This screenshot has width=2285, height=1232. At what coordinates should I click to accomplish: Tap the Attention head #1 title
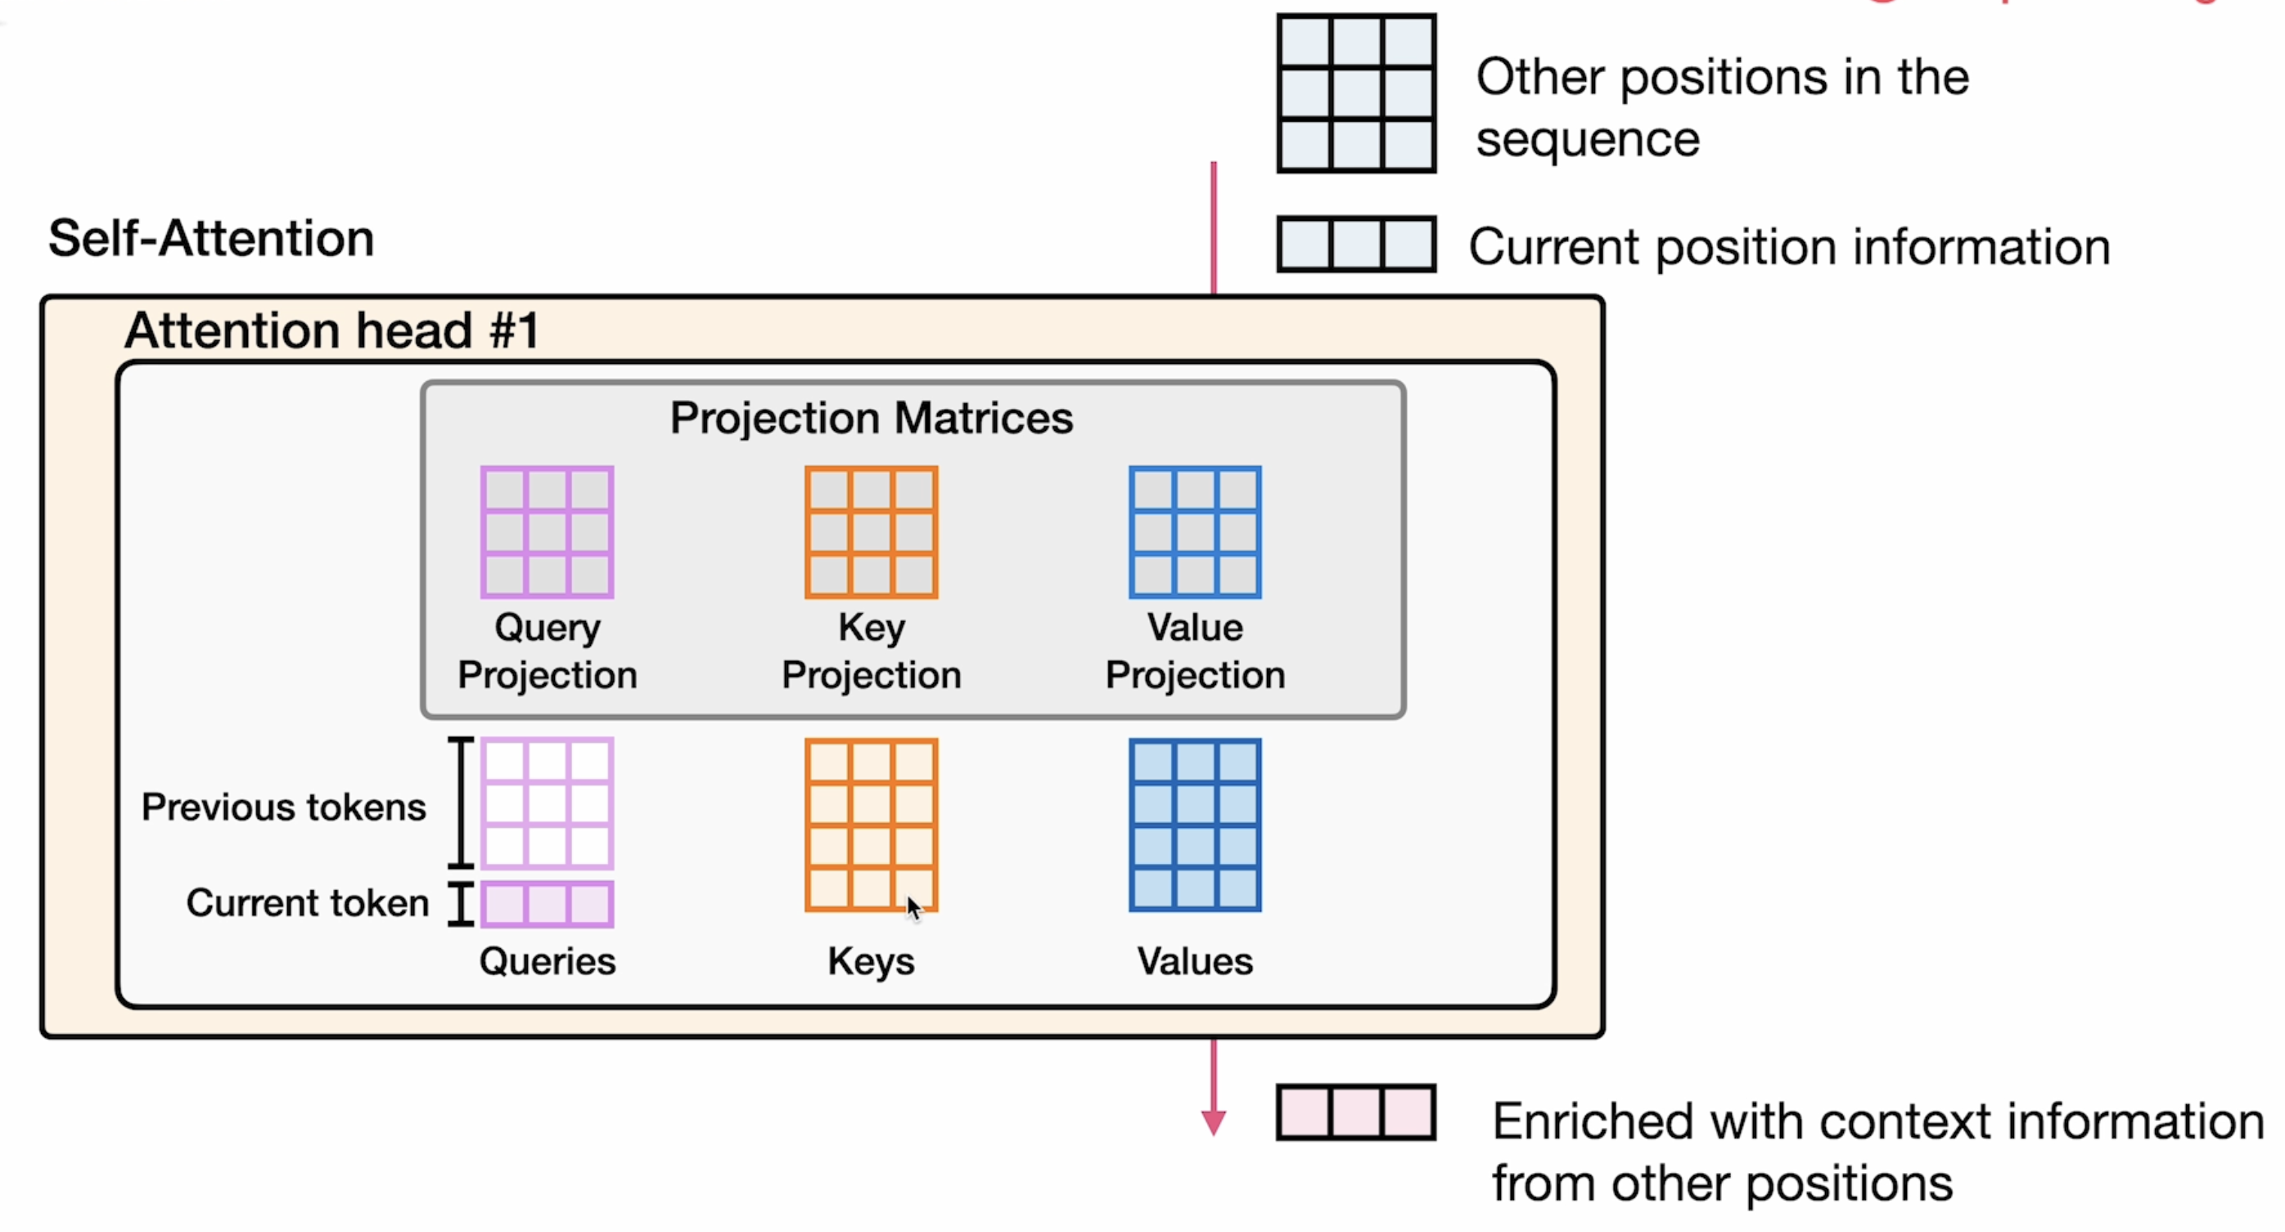(x=331, y=330)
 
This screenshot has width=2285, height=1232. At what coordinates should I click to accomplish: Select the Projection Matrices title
(x=871, y=417)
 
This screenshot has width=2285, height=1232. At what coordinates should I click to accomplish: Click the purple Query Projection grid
(x=548, y=533)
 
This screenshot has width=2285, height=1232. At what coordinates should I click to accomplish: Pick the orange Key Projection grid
(x=871, y=533)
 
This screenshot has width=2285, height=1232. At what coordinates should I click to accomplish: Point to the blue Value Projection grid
(x=1195, y=533)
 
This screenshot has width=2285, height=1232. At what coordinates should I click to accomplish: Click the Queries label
(x=548, y=961)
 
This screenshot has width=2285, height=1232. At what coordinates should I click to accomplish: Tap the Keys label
(x=871, y=961)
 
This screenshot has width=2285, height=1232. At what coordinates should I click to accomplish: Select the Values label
(x=1195, y=961)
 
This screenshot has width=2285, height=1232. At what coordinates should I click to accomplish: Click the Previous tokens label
(x=284, y=807)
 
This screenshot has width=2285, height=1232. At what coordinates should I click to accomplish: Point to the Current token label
(x=308, y=903)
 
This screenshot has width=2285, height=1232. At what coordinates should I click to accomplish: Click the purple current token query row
(x=548, y=904)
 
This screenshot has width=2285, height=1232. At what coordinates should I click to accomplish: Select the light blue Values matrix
(x=1195, y=825)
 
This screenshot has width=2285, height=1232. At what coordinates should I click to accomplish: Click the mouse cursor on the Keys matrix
(x=913, y=908)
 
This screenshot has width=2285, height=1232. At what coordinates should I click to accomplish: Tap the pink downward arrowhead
(x=1214, y=1122)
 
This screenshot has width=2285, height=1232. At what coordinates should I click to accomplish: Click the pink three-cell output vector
(x=1356, y=1113)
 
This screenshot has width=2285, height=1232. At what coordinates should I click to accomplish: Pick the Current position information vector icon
(x=1356, y=244)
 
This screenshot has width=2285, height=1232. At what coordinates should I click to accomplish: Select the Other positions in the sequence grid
(x=1356, y=93)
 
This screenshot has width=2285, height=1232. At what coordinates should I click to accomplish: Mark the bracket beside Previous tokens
(x=461, y=803)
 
